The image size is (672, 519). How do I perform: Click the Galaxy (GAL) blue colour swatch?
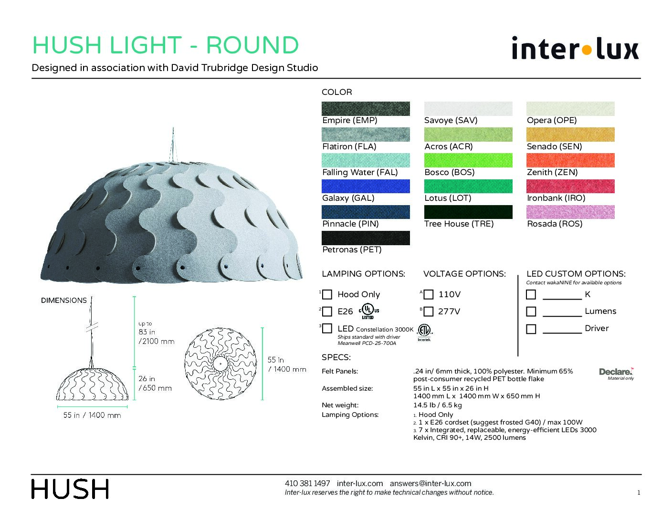coord(366,186)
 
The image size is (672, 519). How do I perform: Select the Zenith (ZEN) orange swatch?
coord(570,160)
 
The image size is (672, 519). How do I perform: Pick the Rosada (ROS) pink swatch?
coord(570,212)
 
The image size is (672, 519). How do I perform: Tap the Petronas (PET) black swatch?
coord(366,238)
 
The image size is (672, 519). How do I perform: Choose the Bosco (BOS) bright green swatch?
coord(468,160)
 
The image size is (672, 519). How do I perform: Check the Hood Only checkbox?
coord(327,294)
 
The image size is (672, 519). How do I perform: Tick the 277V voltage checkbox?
coord(428,311)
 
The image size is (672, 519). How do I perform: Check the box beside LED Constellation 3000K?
coord(327,328)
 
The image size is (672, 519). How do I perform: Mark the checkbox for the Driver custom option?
coord(531,329)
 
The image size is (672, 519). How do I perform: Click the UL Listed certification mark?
coord(368,311)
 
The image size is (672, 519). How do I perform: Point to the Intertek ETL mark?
coord(424,332)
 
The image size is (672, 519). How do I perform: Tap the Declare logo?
coord(616,374)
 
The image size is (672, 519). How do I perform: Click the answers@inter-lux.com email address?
coord(430,483)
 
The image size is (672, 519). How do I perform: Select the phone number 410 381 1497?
coord(307,483)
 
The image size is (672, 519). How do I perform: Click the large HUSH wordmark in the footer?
coord(70,488)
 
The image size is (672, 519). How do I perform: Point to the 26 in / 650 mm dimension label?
coord(155,384)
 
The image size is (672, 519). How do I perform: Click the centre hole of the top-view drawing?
coord(220,363)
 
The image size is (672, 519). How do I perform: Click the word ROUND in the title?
coord(252,45)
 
